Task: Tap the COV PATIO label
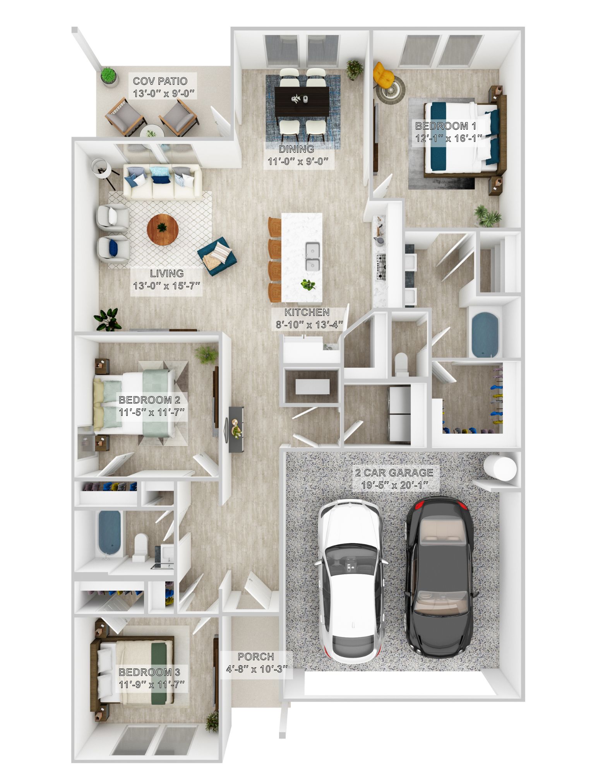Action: click(160, 81)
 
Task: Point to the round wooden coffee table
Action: click(163, 229)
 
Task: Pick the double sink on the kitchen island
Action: click(312, 256)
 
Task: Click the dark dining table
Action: click(302, 101)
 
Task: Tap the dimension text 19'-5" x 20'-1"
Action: click(394, 485)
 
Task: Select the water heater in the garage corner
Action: click(500, 468)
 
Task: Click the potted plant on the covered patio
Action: click(109, 75)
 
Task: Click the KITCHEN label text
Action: click(307, 312)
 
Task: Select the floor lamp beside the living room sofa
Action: click(101, 168)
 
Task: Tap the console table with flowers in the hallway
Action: click(236, 429)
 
